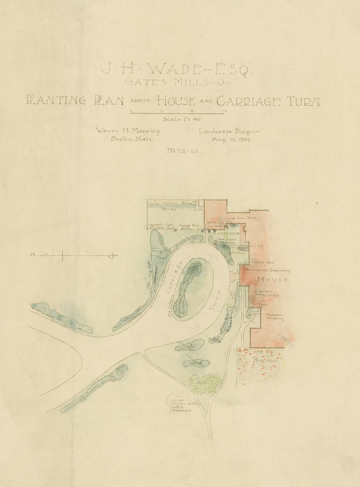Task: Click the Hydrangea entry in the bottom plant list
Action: tap(179, 410)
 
